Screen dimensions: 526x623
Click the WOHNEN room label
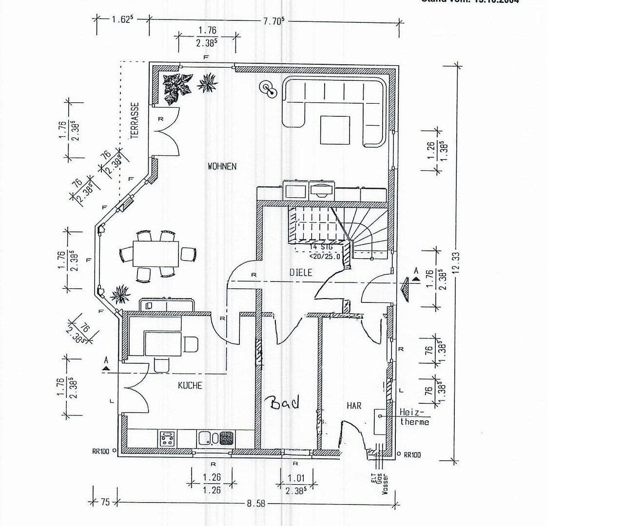tap(222, 167)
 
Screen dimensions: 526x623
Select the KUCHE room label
tap(190, 385)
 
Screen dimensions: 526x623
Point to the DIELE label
tap(300, 272)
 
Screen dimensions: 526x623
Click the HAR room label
tap(354, 405)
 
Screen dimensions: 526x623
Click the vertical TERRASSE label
tap(135, 120)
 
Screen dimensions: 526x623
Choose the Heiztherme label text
tap(414, 417)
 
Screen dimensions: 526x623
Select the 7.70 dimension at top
tap(274, 21)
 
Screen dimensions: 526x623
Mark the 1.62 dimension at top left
tap(122, 20)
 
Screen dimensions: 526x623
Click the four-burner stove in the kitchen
tap(167, 438)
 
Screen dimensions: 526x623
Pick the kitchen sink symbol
tap(205, 438)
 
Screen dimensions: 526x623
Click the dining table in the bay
tap(156, 254)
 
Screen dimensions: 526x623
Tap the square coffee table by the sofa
tap(335, 130)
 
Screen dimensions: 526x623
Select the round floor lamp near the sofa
tap(267, 88)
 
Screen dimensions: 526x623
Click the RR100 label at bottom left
tap(101, 451)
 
